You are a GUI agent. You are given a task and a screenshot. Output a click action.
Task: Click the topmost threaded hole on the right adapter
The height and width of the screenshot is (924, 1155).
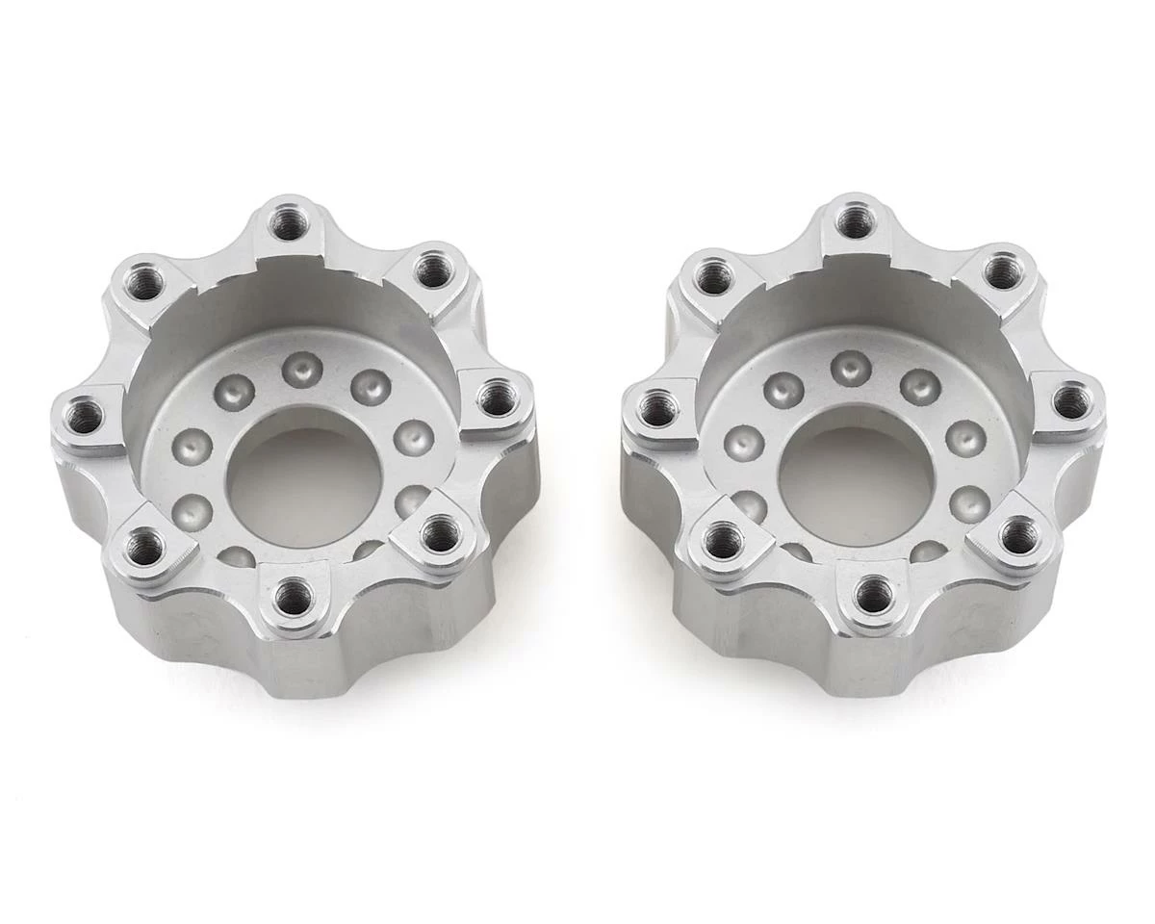[853, 222]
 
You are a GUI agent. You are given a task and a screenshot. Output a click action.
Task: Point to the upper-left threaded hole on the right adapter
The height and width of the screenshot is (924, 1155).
[712, 279]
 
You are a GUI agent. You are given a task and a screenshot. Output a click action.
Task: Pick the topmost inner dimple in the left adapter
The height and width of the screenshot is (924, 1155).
[301, 366]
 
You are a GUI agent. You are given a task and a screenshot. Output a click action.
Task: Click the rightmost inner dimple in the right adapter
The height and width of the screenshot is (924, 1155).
[964, 439]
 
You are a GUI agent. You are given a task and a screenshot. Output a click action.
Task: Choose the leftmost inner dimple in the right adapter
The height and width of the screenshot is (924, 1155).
[745, 443]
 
